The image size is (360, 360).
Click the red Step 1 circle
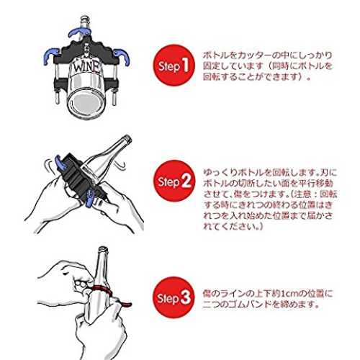174,66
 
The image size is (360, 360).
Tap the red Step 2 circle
174,181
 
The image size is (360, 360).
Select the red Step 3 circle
174,297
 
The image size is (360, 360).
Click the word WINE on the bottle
86,67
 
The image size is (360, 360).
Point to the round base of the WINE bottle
86,103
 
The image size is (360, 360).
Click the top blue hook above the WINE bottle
78,32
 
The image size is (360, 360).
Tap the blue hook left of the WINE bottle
50,55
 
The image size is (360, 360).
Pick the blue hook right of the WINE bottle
122,57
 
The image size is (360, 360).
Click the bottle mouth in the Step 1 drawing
85,18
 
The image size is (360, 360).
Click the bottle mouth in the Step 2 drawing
127,139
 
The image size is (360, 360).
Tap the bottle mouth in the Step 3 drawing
103,249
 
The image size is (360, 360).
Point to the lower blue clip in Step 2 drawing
89,199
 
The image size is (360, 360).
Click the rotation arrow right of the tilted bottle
120,165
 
